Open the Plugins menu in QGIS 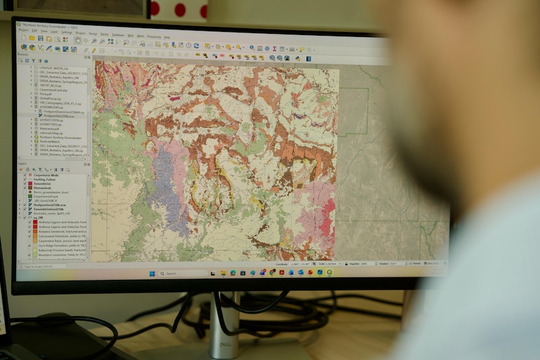[80, 33]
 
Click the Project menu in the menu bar [23, 30]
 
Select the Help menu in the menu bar [167, 37]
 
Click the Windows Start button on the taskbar [152, 273]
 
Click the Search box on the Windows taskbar [182, 273]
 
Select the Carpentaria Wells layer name [50, 175]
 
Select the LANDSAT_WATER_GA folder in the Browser [54, 68]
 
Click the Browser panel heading [23, 54]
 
